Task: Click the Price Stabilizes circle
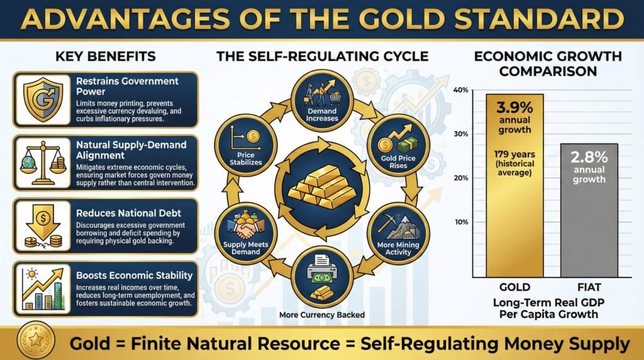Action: point(242,145)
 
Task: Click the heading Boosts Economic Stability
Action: point(134,275)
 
